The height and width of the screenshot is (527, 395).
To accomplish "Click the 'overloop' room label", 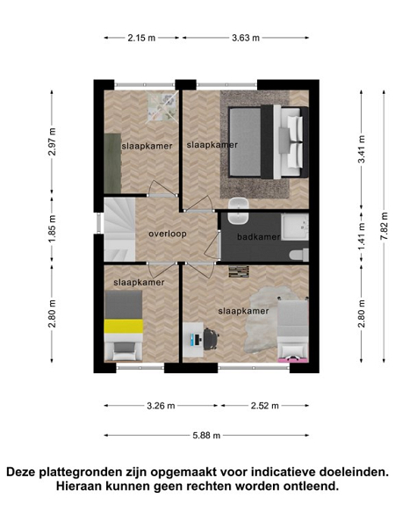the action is pyautogui.click(x=168, y=234).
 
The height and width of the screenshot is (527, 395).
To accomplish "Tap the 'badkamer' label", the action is pyautogui.click(x=258, y=237).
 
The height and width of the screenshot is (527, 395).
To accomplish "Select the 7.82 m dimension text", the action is pyautogui.click(x=384, y=226).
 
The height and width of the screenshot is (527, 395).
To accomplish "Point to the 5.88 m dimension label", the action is pyautogui.click(x=206, y=436).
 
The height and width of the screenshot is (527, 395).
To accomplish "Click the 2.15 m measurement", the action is pyautogui.click(x=141, y=38).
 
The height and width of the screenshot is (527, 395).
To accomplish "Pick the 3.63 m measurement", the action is pyautogui.click(x=246, y=38).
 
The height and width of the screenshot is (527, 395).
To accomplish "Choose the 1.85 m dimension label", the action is pyautogui.click(x=52, y=228).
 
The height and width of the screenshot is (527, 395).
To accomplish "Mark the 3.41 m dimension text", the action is pyautogui.click(x=362, y=149).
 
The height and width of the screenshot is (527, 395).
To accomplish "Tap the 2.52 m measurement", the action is pyautogui.click(x=265, y=406).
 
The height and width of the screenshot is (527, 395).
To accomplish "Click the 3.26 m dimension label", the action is pyautogui.click(x=161, y=406).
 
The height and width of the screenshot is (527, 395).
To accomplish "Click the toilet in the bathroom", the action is pyautogui.click(x=298, y=255).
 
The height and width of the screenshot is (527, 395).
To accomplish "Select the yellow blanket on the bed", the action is pyautogui.click(x=123, y=326).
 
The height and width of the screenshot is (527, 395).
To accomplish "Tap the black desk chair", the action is pyautogui.click(x=211, y=339).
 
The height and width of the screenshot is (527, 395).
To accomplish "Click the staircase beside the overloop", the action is pyautogui.click(x=119, y=229).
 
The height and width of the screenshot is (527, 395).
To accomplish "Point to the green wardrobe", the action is pyautogui.click(x=112, y=163).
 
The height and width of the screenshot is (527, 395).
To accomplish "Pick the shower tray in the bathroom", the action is pyautogui.click(x=295, y=227).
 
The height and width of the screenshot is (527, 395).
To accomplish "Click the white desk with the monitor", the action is pyautogui.click(x=193, y=340).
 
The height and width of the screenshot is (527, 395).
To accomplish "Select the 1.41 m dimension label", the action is pyautogui.click(x=362, y=237).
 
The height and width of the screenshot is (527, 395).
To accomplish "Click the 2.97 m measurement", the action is pyautogui.click(x=52, y=141).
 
